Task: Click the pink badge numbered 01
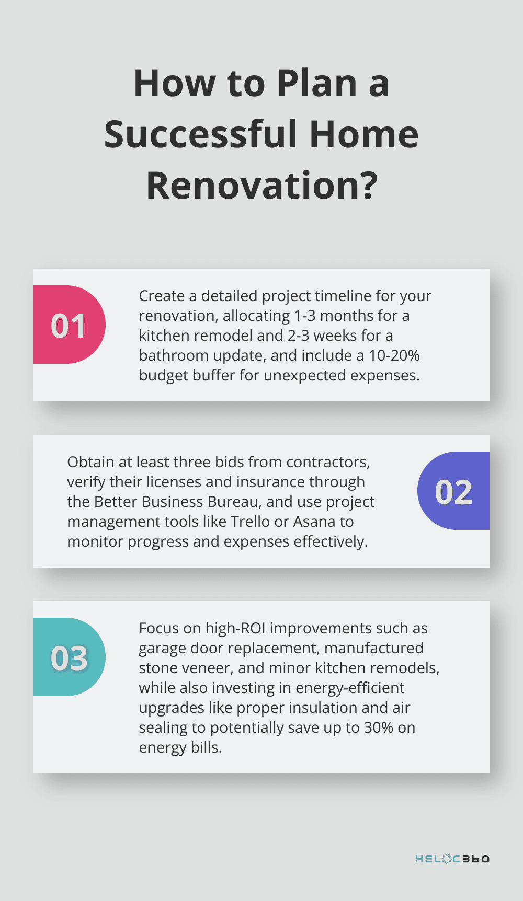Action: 69,325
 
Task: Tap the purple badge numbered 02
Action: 453,491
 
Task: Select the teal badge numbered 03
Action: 69,657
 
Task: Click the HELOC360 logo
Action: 452,859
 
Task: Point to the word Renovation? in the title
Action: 261,186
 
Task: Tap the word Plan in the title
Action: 316,84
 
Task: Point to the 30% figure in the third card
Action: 378,727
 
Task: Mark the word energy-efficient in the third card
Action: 350,688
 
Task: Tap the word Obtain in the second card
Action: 90,462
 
